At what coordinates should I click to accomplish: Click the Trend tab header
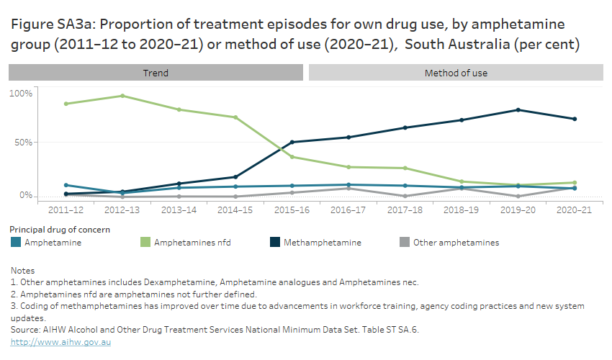156,73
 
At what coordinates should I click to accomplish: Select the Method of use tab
456,73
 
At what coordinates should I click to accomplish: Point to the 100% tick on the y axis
20,94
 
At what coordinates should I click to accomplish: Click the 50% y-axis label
22,143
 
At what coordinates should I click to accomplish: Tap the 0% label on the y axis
24,195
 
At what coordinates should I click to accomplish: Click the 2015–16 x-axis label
292,210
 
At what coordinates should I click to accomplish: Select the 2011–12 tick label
66,210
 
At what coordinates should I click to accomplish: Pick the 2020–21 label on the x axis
574,210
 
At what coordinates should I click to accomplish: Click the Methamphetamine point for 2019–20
518,110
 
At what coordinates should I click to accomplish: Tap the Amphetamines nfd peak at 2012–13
122,96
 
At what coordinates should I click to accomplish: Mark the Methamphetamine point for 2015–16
292,142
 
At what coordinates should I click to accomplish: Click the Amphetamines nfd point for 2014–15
235,117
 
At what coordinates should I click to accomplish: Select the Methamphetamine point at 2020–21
574,119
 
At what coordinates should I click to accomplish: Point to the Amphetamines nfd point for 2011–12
66,104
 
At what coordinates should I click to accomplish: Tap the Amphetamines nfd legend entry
189,243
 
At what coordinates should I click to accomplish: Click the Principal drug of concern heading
60,229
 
